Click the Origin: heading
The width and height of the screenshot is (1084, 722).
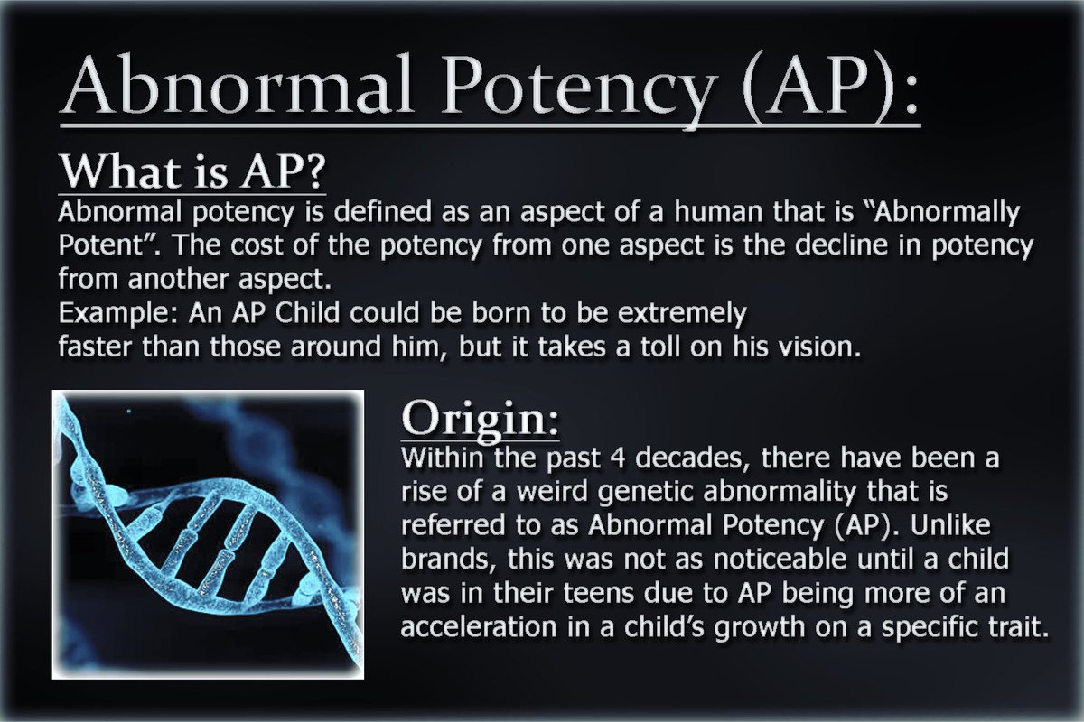point(480,418)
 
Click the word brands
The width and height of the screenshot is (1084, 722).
point(444,561)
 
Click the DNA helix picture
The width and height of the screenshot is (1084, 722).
point(209,532)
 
